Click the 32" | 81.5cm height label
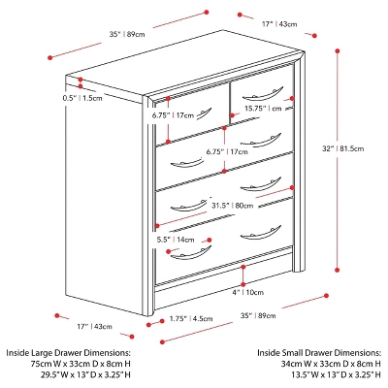click(345, 148)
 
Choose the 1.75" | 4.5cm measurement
click(190, 317)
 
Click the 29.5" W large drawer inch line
click(65, 373)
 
